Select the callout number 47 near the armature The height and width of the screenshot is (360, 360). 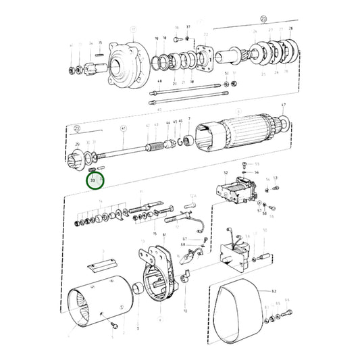(x=284, y=105)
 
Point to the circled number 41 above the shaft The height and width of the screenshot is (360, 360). (x=123, y=128)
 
